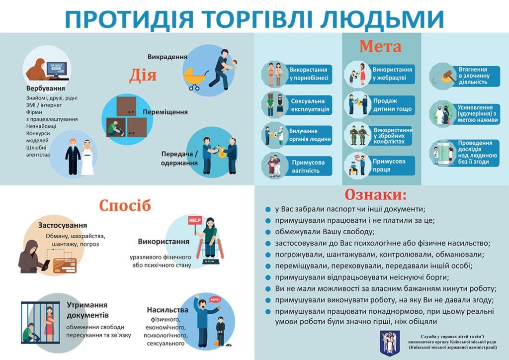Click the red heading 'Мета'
click(380, 46)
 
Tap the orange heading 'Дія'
click(143, 76)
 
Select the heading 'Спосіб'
click(125, 205)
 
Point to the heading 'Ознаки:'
click(376, 195)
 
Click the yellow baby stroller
click(194, 78)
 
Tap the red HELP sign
click(195, 220)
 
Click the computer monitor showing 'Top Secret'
click(57, 69)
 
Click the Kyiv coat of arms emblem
click(390, 344)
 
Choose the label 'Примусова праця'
click(389, 165)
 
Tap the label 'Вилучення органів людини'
click(310, 135)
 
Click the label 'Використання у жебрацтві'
click(392, 74)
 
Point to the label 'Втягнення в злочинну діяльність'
click(474, 76)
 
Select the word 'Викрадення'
click(167, 57)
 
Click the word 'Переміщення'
click(165, 112)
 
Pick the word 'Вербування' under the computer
click(45, 89)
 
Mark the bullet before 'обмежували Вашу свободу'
click(268, 232)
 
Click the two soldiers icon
click(358, 135)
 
